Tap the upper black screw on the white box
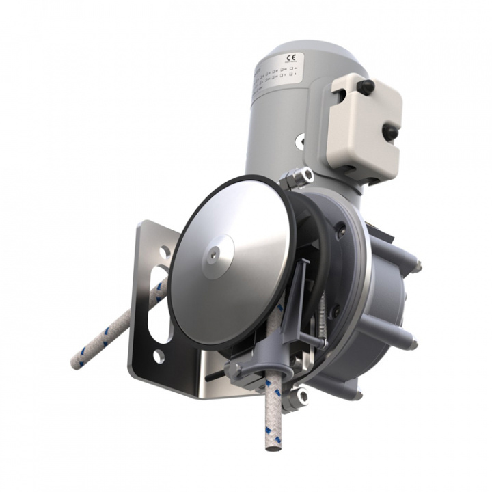click(x=367, y=87)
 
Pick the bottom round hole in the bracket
click(x=158, y=355)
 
